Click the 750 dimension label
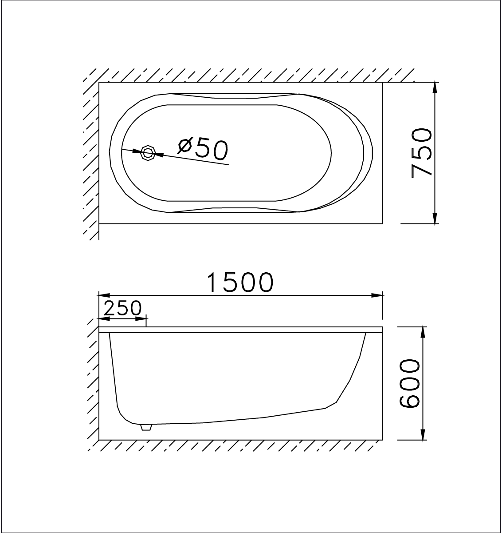pos(422,153)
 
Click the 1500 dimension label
pos(240,283)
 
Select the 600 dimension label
pos(409,383)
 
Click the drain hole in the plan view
pos(148,153)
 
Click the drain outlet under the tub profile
pos(146,427)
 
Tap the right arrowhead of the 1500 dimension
pos(377,294)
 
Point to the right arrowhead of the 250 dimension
pos(142,318)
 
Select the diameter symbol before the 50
pos(185,145)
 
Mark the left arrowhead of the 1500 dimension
pos(103,294)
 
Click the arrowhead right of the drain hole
pos(159,155)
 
